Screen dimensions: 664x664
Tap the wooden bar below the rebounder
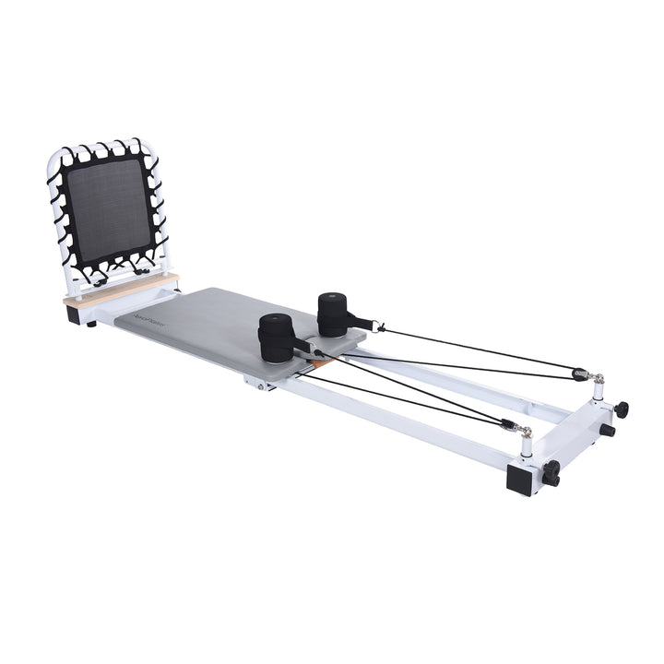click(x=120, y=289)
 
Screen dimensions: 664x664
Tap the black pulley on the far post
click(x=579, y=373)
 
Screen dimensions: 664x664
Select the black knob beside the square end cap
click(x=551, y=477)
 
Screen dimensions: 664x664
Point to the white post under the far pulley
click(x=598, y=391)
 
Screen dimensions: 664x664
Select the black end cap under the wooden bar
click(x=75, y=314)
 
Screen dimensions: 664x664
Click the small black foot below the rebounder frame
click(x=90, y=323)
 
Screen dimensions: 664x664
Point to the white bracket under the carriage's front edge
click(x=262, y=383)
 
